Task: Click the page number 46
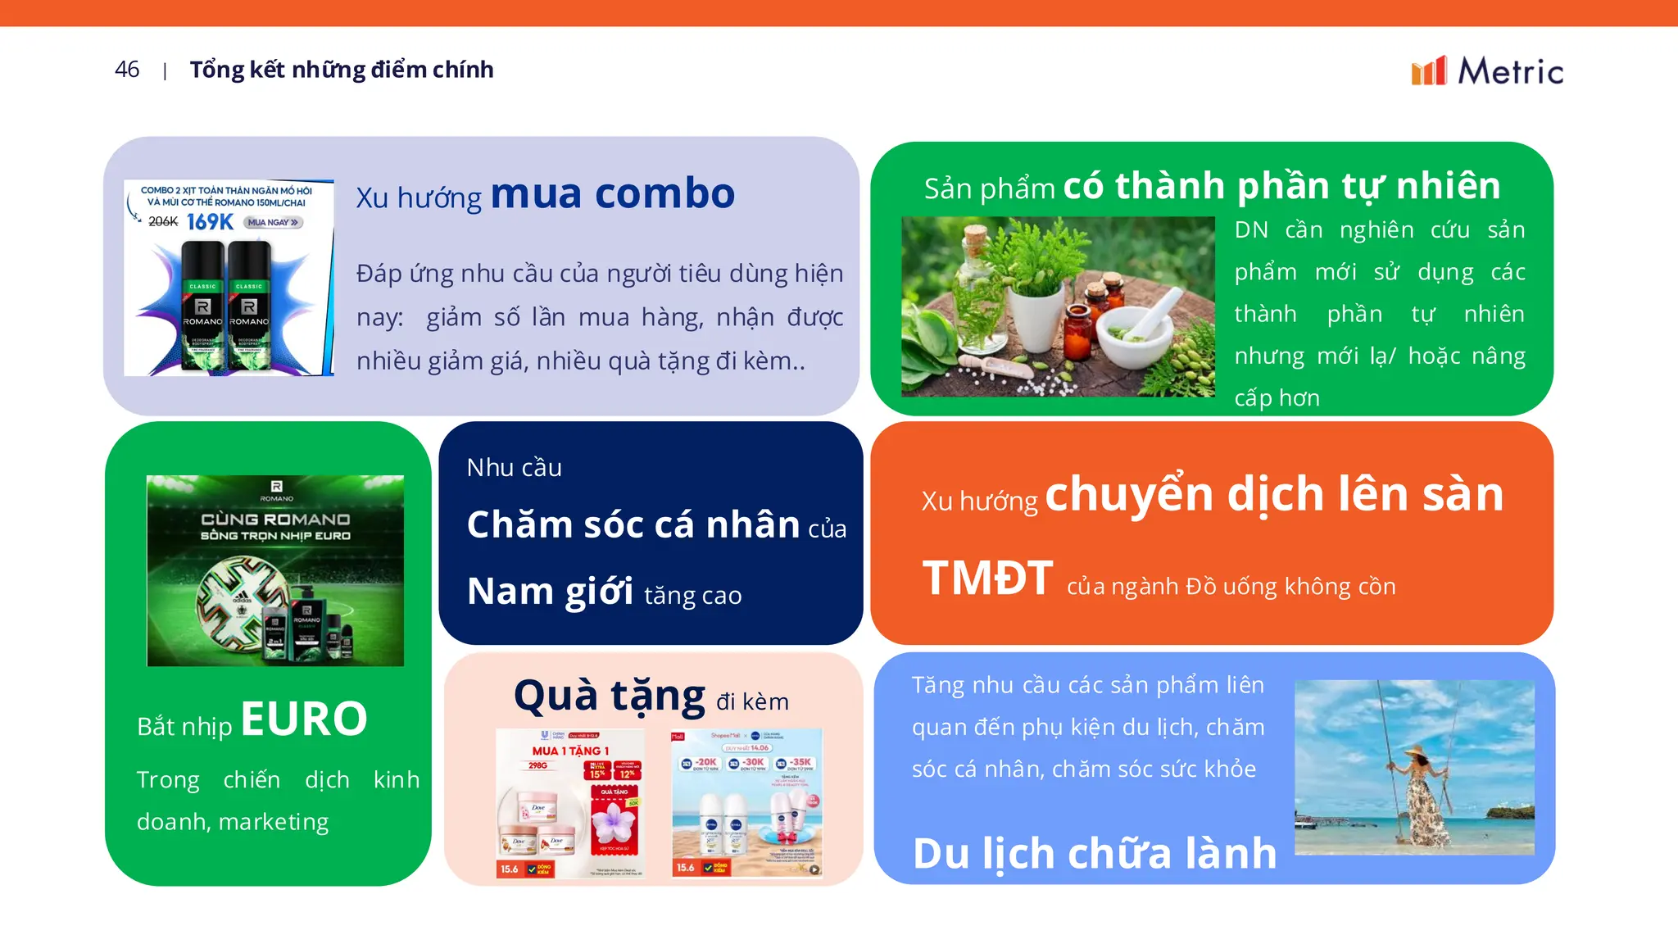(x=127, y=70)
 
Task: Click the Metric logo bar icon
(x=1428, y=71)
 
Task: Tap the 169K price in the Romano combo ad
(x=210, y=222)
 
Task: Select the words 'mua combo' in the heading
(x=612, y=193)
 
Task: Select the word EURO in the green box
(x=304, y=719)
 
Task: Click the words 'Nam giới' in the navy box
(x=550, y=591)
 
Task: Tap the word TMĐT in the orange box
(x=987, y=578)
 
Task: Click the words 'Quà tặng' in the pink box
(x=610, y=697)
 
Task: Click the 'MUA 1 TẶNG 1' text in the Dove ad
(x=570, y=751)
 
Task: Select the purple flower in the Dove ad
(x=614, y=820)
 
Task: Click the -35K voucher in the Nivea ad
(x=794, y=763)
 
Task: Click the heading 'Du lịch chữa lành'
(x=1095, y=853)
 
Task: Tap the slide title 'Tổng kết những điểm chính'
(x=342, y=70)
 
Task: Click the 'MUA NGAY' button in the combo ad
(x=274, y=222)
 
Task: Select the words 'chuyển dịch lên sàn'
(x=1274, y=494)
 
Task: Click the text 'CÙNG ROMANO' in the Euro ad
(x=275, y=520)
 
